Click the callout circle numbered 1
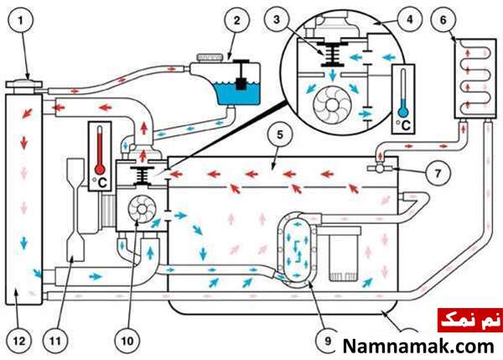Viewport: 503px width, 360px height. [21, 21]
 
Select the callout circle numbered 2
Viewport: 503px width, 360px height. [236, 20]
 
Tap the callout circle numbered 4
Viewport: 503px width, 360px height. [410, 19]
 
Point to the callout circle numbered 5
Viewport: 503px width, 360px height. [280, 134]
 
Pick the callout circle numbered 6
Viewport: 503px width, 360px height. [443, 20]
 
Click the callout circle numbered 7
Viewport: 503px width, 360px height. [438, 174]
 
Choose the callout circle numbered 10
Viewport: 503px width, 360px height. [127, 341]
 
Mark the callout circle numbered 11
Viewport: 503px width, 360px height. [55, 341]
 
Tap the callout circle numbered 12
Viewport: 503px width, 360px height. [18, 341]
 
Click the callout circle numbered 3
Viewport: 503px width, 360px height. [277, 20]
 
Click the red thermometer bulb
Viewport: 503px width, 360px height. [100, 170]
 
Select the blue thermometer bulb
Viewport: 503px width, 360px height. [403, 112]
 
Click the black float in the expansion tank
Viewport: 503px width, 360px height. [241, 83]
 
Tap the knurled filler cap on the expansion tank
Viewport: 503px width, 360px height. [210, 58]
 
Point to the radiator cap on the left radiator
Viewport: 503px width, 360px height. [24, 84]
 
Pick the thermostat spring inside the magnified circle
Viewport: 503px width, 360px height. [332, 54]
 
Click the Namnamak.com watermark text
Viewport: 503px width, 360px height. [418, 347]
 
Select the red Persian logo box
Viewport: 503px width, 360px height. [470, 321]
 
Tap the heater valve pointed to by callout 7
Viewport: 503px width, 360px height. [380, 168]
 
